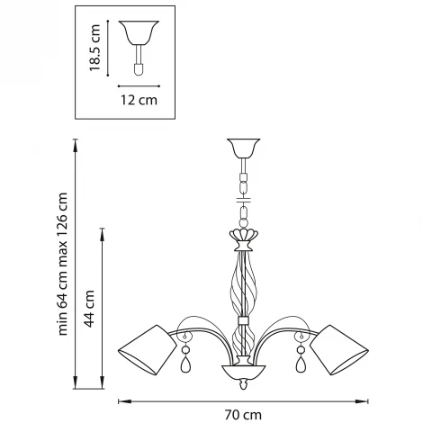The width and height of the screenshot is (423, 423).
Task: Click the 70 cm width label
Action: tap(243, 415)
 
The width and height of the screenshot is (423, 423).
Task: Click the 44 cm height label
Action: tap(89, 309)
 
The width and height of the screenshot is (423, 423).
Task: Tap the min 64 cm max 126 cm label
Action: tap(62, 264)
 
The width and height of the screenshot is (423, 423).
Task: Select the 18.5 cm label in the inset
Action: tap(94, 48)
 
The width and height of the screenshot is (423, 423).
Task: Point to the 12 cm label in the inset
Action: tap(139, 100)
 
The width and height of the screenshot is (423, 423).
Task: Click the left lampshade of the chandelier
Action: tap(148, 350)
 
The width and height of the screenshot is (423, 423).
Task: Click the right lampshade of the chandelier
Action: tap(339, 350)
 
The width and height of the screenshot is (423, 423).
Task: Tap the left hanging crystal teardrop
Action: tap(185, 364)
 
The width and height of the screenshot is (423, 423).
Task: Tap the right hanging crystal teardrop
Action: tap(301, 364)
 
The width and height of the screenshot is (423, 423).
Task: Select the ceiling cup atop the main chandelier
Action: tap(243, 148)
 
